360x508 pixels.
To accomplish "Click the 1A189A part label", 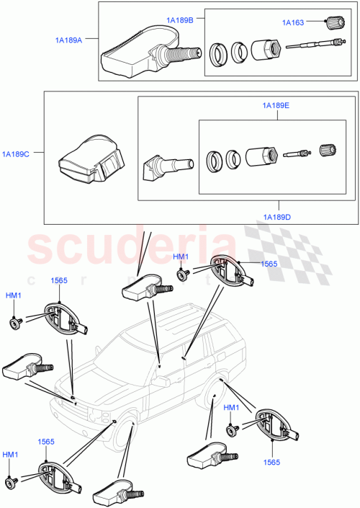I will point(69,40).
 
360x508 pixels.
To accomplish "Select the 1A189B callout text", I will point(179,20).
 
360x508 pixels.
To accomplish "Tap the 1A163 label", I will point(293,22).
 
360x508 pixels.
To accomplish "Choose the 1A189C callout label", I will point(16,153).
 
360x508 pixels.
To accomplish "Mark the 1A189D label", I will point(276,216).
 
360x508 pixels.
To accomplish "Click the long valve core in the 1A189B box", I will point(310,46).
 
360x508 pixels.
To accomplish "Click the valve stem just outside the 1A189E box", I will point(164,167).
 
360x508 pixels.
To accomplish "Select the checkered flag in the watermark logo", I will point(270,249).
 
